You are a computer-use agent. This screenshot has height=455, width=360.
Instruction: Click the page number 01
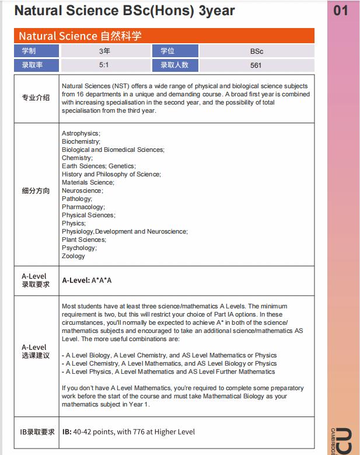pyautogui.click(x=340, y=11)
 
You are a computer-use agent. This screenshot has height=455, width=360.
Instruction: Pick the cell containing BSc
pyautogui.click(x=256, y=51)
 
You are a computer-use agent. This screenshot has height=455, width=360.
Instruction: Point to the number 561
pyautogui.click(x=256, y=65)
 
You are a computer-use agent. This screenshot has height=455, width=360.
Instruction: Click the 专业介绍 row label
pyautogui.click(x=36, y=98)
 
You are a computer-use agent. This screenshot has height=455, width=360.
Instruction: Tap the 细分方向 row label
pyautogui.click(x=36, y=191)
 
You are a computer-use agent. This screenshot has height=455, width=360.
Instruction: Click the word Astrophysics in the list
pyautogui.click(x=81, y=133)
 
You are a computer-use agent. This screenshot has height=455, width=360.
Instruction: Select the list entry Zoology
pyautogui.click(x=74, y=256)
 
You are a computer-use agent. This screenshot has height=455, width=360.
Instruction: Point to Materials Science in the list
pyautogui.click(x=88, y=182)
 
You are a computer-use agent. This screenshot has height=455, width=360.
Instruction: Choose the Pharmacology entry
pyautogui.click(x=83, y=207)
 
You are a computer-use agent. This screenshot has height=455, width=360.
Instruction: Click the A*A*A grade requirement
pyautogui.click(x=102, y=280)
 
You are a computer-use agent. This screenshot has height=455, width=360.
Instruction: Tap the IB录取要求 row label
pyautogui.click(x=38, y=432)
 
